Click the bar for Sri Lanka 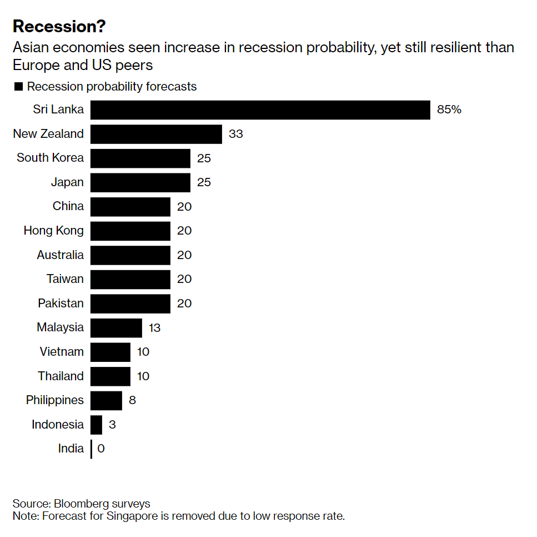(260, 110)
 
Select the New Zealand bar (156, 134)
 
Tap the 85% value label (449, 110)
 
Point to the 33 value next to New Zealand (235, 134)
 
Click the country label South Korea (50, 158)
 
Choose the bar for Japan (140, 182)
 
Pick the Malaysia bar (116, 327)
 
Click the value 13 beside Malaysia (154, 328)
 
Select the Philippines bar (106, 400)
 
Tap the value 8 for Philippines (132, 400)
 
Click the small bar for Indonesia (96, 425)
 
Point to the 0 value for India (101, 449)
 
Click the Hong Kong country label (53, 231)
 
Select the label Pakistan (61, 304)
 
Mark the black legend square (18, 87)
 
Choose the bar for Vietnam (110, 352)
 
